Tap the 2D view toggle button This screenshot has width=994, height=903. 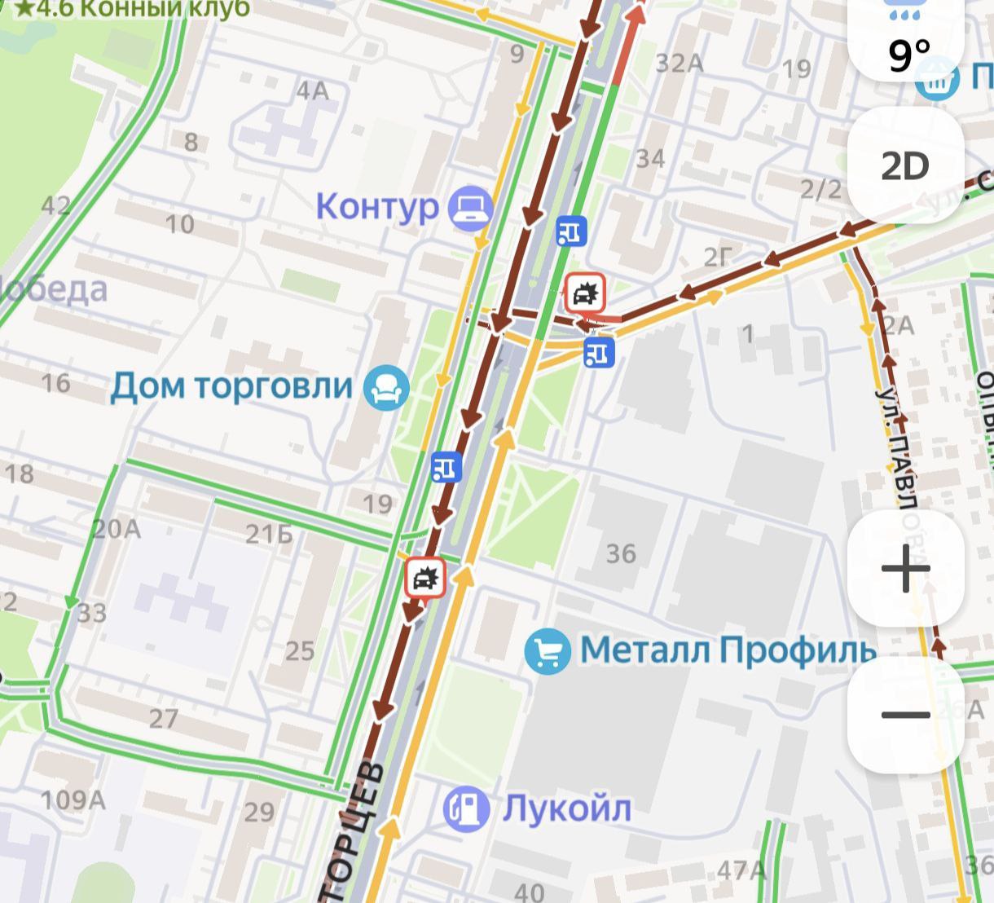905,166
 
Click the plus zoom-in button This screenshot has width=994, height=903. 905,568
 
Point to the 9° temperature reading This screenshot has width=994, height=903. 908,55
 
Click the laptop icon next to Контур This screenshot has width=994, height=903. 472,207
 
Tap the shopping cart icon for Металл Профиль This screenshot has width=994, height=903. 548,651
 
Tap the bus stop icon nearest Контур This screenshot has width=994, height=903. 571,231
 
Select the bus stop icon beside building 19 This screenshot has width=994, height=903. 446,466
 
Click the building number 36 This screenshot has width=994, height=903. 621,554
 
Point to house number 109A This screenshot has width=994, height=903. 73,799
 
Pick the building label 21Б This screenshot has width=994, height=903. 269,534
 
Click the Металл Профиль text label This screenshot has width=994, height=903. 728,650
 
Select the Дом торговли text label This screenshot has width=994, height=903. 231,385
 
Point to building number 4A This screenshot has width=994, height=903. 312,90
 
